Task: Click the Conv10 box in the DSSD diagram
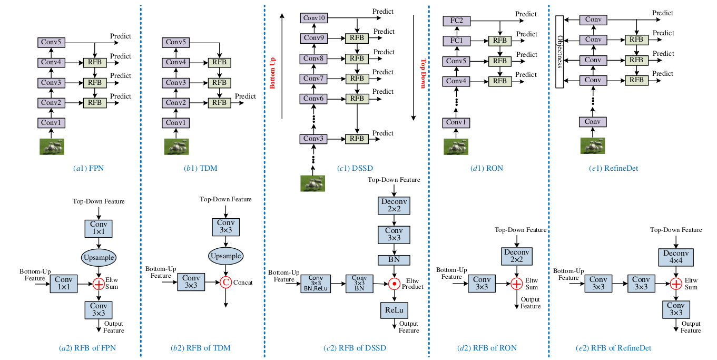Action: (x=314, y=18)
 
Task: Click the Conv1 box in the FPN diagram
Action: (x=51, y=123)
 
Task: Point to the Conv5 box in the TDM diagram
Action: (x=175, y=43)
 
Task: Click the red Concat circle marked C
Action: (x=225, y=282)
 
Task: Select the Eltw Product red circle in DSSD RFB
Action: (x=392, y=284)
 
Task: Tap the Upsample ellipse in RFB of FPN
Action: (x=98, y=257)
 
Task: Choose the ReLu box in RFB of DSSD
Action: (x=392, y=309)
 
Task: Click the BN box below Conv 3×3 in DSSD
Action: (x=392, y=260)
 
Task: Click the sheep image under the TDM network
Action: (x=175, y=146)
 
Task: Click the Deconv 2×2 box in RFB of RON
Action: (x=517, y=257)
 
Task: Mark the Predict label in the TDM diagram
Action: (x=245, y=96)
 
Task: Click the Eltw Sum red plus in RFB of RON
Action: (x=517, y=284)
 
